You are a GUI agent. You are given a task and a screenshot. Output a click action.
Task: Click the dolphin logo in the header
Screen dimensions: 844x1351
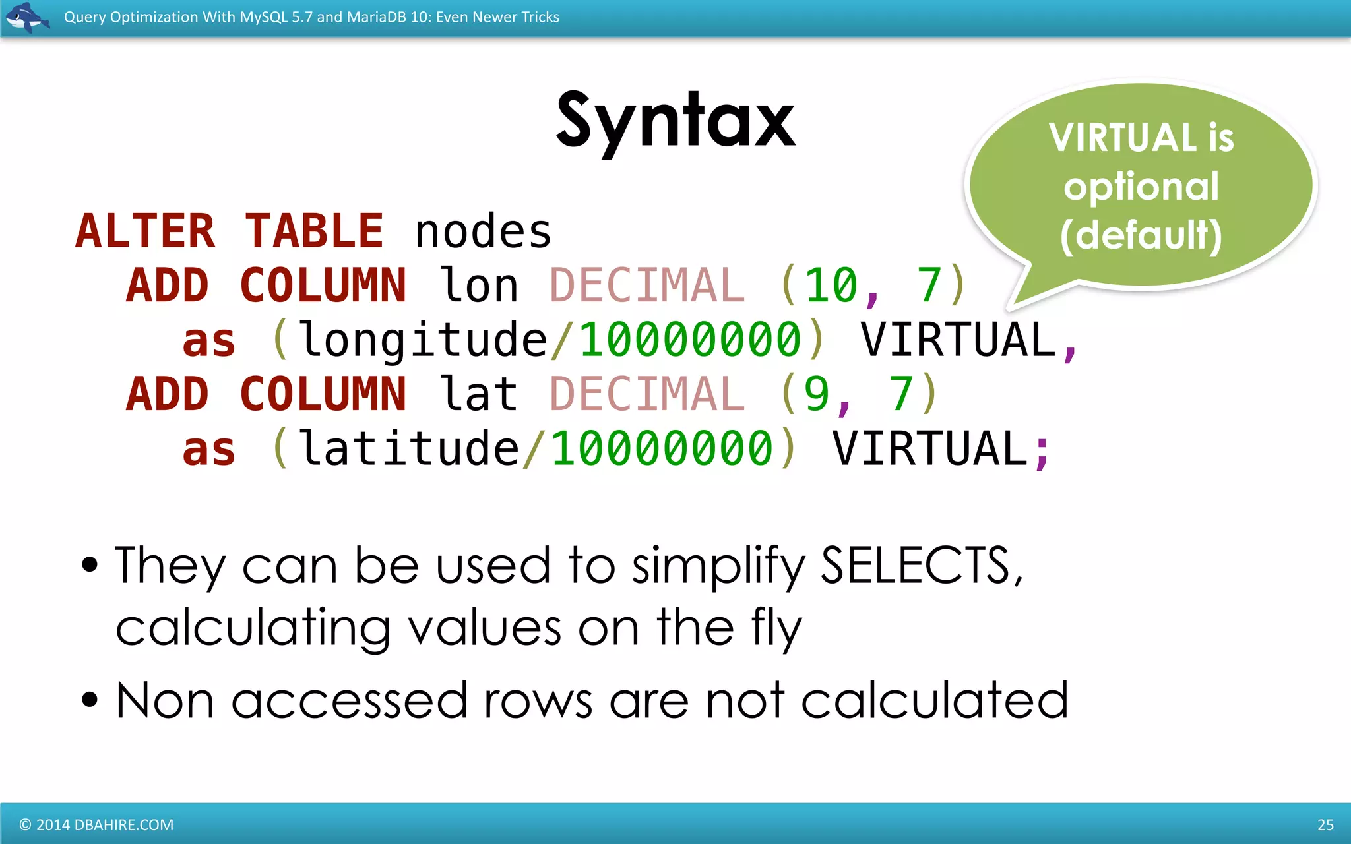click(26, 17)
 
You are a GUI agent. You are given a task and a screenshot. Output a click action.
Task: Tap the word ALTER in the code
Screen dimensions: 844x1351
click(146, 231)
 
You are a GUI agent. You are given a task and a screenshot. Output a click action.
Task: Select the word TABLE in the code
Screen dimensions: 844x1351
click(314, 231)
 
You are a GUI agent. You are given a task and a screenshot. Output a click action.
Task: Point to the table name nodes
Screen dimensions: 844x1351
click(483, 233)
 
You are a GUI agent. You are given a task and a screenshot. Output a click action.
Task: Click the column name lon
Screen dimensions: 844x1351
click(479, 286)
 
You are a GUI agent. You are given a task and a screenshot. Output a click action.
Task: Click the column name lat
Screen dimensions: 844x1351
click(479, 394)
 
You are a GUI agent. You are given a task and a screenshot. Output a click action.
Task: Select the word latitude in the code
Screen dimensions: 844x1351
click(409, 448)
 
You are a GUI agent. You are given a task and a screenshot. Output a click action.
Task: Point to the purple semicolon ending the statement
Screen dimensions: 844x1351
click(1042, 452)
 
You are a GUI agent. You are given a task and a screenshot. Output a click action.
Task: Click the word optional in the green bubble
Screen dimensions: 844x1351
click(1141, 187)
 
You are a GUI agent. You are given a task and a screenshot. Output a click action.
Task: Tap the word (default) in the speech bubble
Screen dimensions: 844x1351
click(1141, 235)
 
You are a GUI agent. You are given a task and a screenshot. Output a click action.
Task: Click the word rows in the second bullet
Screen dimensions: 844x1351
click(538, 701)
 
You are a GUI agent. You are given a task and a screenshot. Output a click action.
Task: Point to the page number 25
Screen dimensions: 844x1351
click(1325, 825)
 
